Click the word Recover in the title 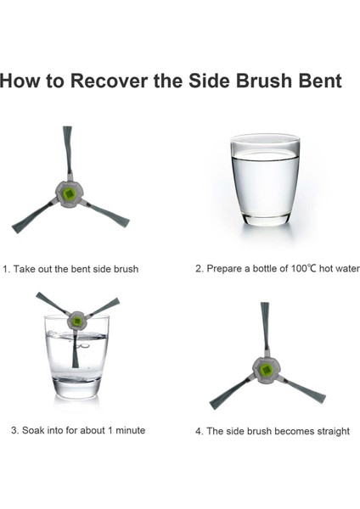coord(109,81)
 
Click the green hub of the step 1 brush coord(69,194)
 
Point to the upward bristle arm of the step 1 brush coord(68,152)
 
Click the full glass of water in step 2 coord(265,180)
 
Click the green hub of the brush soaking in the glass coord(77,322)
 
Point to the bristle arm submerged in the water coord(76,350)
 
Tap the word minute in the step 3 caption coord(131,430)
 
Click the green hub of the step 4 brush coord(267,371)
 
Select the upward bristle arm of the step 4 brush coord(266,328)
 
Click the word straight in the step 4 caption coord(333,432)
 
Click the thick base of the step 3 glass coord(76,388)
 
